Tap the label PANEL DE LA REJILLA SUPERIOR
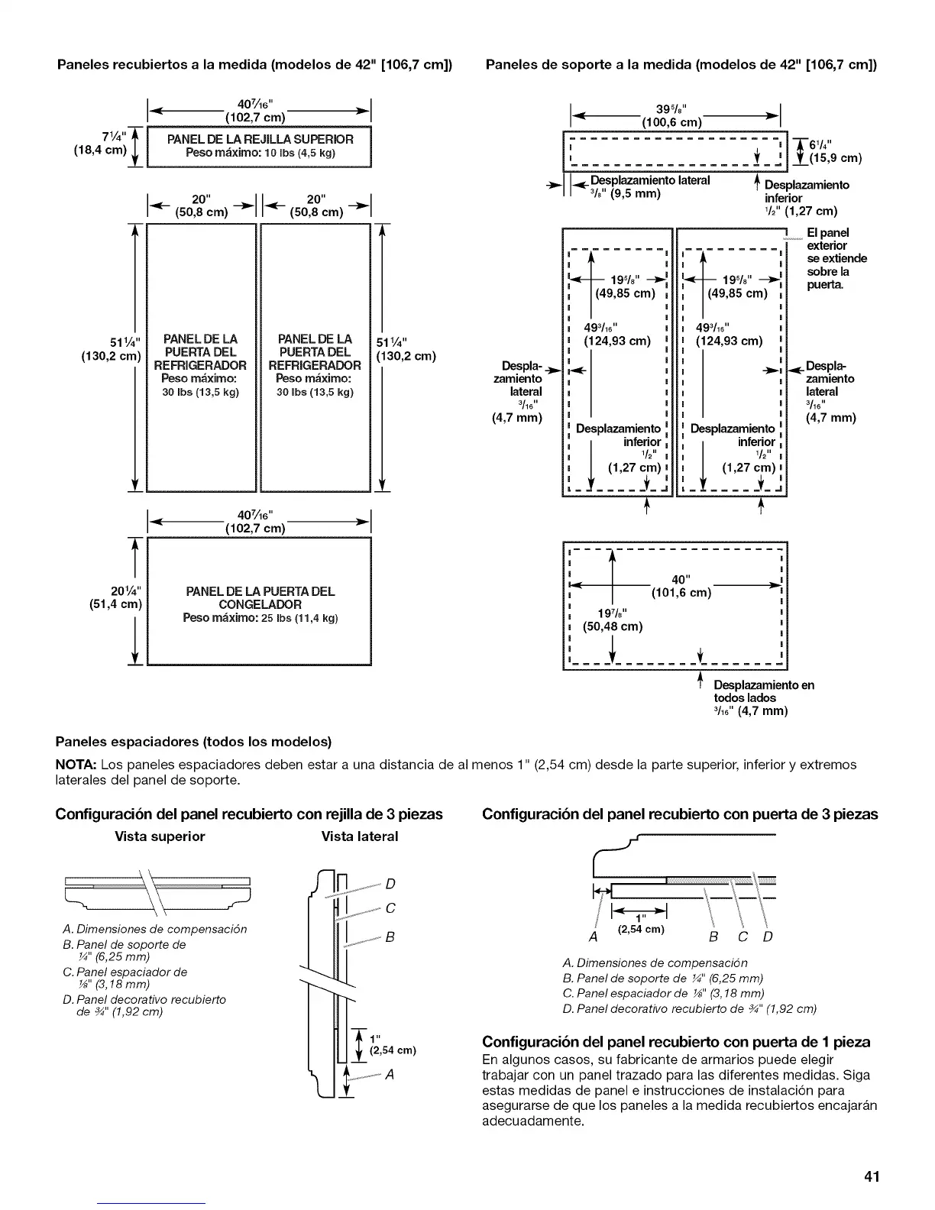[260, 139]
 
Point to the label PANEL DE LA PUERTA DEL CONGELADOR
[260, 597]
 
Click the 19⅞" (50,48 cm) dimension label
[612, 620]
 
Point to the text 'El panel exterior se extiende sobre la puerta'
[836, 258]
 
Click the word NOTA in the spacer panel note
[76, 765]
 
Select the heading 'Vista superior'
[160, 836]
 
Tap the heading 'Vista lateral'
[360, 836]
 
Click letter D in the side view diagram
[390, 885]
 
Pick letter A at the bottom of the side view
[390, 1076]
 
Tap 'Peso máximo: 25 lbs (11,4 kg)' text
[260, 617]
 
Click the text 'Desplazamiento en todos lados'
[763, 691]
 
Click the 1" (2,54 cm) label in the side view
[391, 1044]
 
